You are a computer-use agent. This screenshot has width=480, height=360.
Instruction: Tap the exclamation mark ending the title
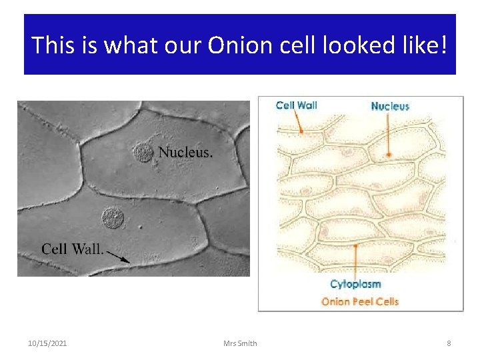pyautogui.click(x=445, y=45)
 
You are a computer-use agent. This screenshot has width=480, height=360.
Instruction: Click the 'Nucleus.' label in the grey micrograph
pyautogui.click(x=186, y=152)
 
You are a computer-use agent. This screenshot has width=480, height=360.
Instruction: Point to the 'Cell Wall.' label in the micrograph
pyautogui.click(x=72, y=249)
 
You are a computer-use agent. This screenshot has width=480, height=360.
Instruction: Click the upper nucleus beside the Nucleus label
pyautogui.click(x=143, y=153)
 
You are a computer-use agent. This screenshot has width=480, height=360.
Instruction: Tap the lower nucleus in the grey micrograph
pyautogui.click(x=112, y=217)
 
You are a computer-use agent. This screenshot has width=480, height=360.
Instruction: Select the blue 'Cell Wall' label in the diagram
pyautogui.click(x=296, y=105)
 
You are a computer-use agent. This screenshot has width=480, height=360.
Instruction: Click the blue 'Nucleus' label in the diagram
pyautogui.click(x=390, y=106)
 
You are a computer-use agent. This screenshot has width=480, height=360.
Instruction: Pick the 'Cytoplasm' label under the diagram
pyautogui.click(x=355, y=285)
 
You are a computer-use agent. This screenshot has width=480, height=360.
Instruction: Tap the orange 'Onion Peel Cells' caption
pyautogui.click(x=360, y=301)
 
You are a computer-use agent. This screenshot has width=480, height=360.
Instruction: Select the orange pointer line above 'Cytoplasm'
pyautogui.click(x=356, y=260)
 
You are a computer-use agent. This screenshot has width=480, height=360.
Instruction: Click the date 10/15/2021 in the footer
pyautogui.click(x=47, y=343)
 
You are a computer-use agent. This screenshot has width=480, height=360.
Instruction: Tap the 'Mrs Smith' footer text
pyautogui.click(x=241, y=343)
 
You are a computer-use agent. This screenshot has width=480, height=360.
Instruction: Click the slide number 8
pyautogui.click(x=449, y=343)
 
